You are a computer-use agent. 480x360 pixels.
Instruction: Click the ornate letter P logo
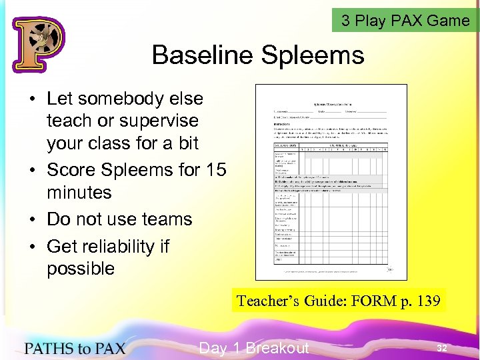point(37,44)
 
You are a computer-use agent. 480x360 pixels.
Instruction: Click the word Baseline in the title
point(203,55)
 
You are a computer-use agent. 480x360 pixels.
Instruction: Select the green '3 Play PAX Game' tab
point(405,21)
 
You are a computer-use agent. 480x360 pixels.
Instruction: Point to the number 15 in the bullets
point(216,170)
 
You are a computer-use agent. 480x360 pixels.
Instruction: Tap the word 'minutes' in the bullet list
point(79,193)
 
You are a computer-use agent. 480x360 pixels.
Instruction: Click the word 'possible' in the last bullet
point(81,269)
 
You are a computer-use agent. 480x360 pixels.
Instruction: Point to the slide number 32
point(442,348)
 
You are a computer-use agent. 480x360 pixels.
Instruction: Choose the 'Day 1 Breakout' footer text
point(254,348)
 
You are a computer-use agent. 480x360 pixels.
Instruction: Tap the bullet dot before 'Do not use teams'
point(32,220)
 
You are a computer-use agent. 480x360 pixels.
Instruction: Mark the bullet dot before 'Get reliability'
point(32,247)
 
